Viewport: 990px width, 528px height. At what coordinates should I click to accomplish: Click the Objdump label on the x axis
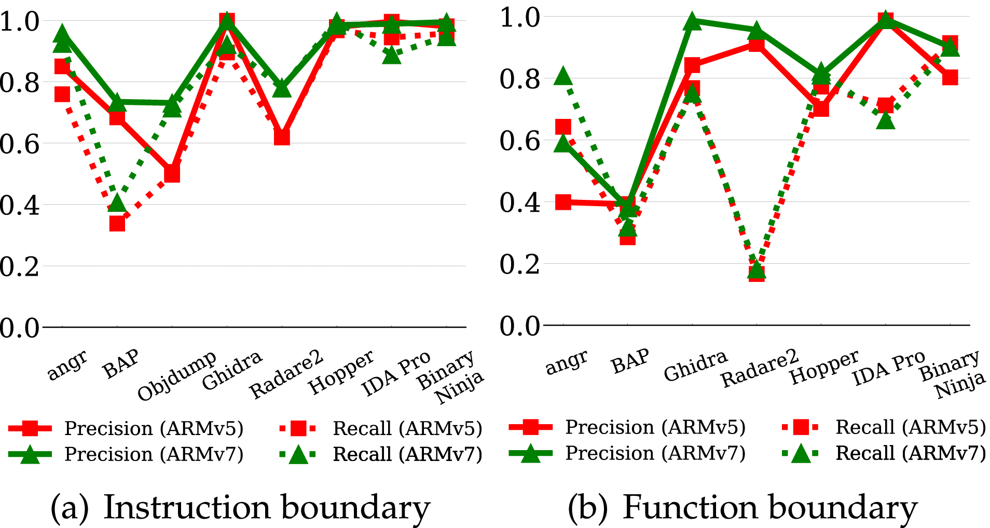point(176,376)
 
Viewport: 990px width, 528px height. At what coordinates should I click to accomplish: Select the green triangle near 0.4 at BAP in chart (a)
point(117,203)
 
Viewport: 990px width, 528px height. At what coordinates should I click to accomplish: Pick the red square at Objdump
point(172,174)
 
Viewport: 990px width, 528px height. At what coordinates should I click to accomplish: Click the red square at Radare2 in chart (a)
point(282,137)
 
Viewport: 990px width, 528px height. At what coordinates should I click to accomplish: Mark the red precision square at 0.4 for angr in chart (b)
point(563,202)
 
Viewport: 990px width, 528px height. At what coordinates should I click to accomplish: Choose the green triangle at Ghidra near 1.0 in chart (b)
point(692,22)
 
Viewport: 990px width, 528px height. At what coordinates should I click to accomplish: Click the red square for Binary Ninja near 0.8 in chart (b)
point(950,77)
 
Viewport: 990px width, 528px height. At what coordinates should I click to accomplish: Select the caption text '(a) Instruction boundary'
point(240,507)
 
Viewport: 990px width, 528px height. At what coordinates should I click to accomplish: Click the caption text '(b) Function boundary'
point(742,507)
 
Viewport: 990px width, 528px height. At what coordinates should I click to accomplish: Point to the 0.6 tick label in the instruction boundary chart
point(20,144)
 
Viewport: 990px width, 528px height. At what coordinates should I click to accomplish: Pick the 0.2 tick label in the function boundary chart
point(520,264)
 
